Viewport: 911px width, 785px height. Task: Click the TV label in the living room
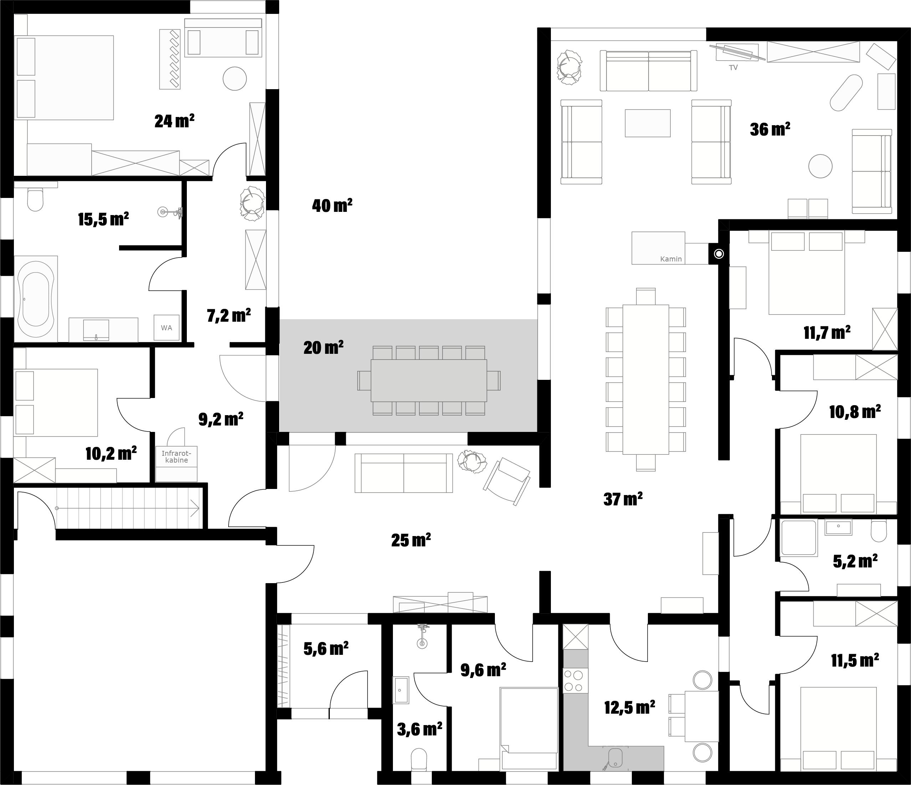click(x=733, y=68)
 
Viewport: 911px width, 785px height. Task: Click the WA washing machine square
click(x=166, y=328)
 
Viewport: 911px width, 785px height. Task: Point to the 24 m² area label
click(x=174, y=121)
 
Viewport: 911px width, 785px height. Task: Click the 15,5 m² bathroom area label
click(x=103, y=219)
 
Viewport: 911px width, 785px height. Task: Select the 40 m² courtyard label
click(x=332, y=205)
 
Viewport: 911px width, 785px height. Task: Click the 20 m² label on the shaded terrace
click(x=323, y=348)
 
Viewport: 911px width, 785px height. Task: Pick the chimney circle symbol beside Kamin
click(x=719, y=254)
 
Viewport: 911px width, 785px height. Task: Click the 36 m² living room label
click(x=770, y=129)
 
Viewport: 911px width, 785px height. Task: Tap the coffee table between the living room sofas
click(x=648, y=123)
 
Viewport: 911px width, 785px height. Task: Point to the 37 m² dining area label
click(x=623, y=499)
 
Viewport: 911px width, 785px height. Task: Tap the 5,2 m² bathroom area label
click(x=855, y=561)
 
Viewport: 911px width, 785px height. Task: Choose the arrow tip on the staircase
click(x=198, y=508)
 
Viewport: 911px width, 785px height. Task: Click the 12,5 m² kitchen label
click(x=630, y=708)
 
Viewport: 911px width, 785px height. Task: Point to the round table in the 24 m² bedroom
click(x=235, y=78)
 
